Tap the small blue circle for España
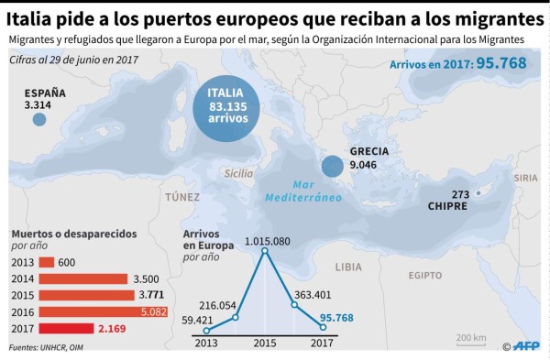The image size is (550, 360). coord(38,119)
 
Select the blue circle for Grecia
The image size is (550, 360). coord(332,166)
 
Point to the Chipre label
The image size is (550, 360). coord(447,206)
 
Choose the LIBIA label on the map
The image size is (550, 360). coord(348,267)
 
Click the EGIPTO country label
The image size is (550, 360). coord(425,275)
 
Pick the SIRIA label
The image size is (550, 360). coord(526,177)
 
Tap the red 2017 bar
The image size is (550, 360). coord(66,328)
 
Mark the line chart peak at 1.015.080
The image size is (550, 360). coord(266,251)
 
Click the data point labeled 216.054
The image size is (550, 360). coord(236,317)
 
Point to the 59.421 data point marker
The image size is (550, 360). coord(207,330)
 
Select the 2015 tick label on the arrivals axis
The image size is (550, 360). coord(266,345)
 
